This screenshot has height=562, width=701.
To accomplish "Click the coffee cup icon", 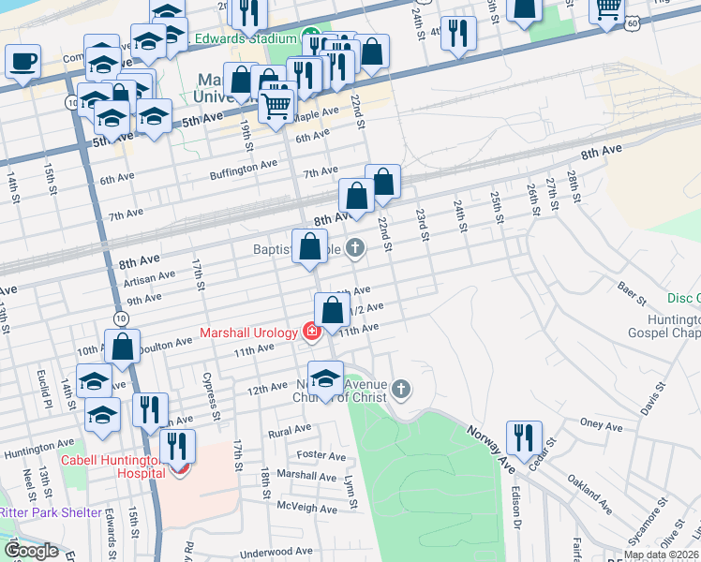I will click(22, 62).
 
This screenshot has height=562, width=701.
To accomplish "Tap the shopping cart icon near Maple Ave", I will click(276, 106).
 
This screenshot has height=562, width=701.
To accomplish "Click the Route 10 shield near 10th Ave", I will click(121, 319).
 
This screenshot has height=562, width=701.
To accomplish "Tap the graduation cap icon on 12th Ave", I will click(325, 378).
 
